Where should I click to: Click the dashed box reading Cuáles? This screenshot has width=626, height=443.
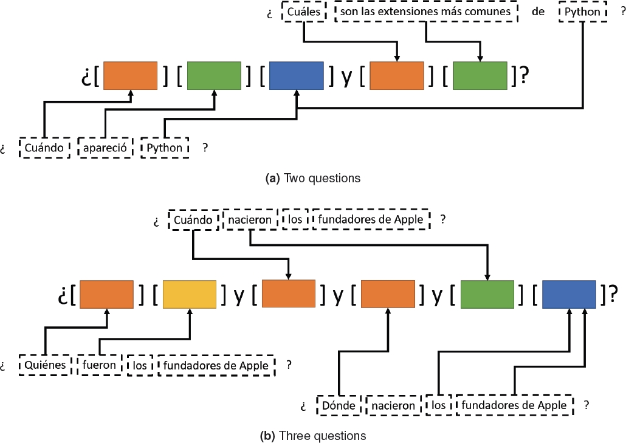[x=304, y=12]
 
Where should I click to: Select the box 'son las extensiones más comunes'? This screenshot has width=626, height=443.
[x=425, y=12]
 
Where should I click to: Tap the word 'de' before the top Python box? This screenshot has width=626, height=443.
[x=538, y=12]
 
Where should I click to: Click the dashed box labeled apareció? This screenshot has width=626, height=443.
[x=106, y=148]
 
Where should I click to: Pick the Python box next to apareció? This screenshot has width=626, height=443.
[x=165, y=148]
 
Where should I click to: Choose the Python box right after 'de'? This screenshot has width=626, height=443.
[x=583, y=12]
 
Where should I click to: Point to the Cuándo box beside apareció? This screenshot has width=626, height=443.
[x=44, y=148]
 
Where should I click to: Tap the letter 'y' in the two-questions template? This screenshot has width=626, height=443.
[x=346, y=77]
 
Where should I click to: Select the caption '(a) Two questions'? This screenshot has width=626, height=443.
[x=313, y=178]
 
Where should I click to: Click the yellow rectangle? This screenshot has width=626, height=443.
[x=190, y=294]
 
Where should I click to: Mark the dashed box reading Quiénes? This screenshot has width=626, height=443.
[x=44, y=366]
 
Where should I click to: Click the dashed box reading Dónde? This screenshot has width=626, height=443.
[x=338, y=405]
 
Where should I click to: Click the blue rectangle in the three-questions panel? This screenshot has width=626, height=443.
[x=569, y=294]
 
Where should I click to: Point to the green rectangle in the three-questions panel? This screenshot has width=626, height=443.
[x=488, y=294]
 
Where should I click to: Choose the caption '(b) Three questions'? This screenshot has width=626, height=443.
[x=313, y=436]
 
